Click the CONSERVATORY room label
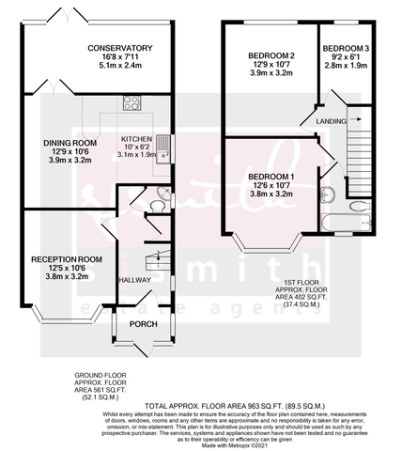pyautogui.click(x=119, y=48)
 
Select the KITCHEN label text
pyautogui.click(x=136, y=136)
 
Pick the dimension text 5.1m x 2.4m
pyautogui.click(x=119, y=68)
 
